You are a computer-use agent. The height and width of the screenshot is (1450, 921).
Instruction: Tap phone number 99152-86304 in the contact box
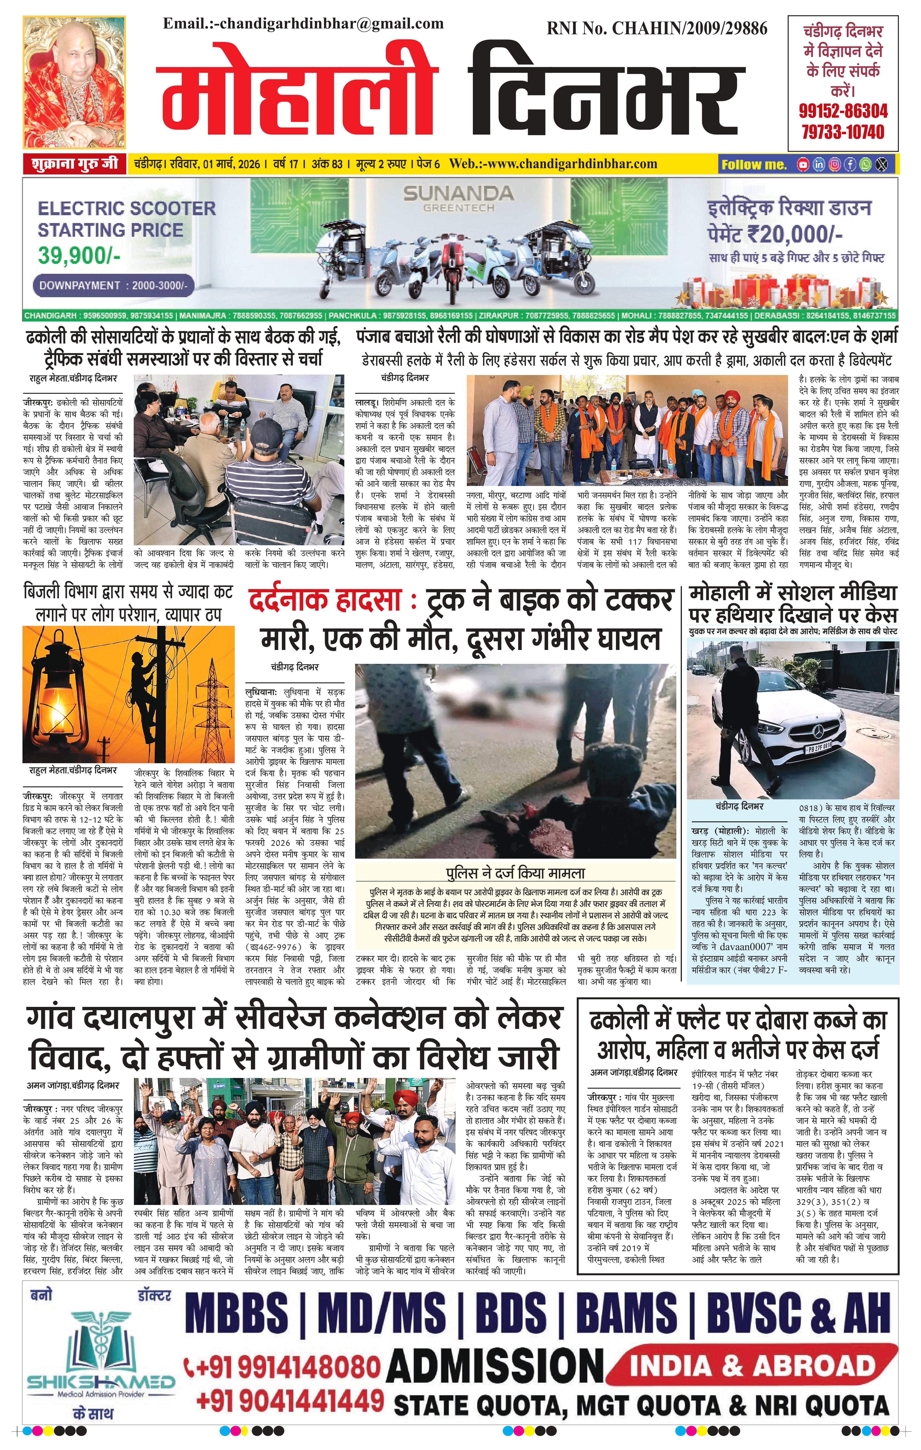pyautogui.click(x=843, y=111)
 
